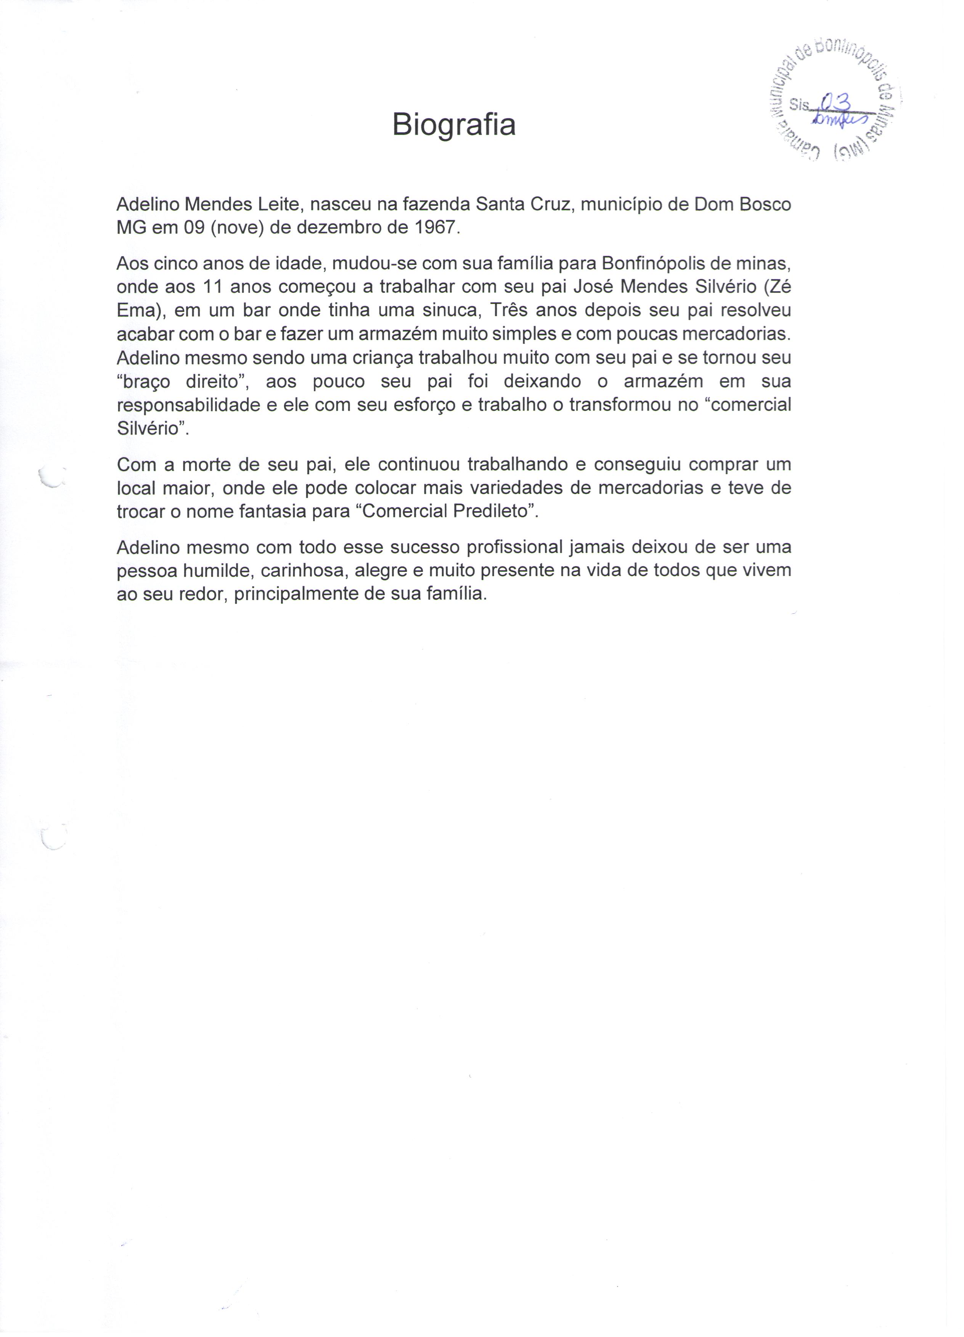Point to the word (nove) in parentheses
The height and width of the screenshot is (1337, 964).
point(236,228)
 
